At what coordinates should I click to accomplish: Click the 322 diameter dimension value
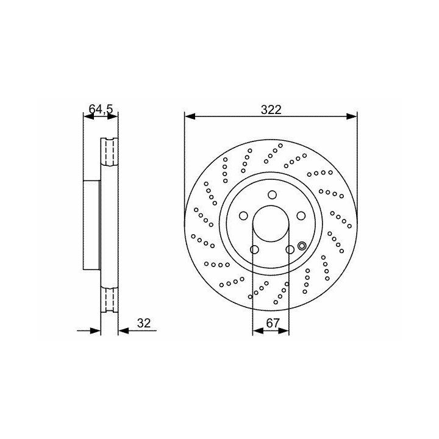[271, 110]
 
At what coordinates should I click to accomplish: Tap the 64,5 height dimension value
[101, 109]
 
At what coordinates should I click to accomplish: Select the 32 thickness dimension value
[144, 323]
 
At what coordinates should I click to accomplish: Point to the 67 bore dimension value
[273, 323]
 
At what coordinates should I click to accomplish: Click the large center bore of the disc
[271, 224]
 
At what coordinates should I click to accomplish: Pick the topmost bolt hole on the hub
[272, 195]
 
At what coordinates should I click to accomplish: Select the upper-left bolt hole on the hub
[243, 216]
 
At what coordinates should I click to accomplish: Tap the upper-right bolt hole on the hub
[301, 216]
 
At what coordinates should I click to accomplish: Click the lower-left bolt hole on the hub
[254, 249]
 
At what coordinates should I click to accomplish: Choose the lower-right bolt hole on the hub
[290, 249]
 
